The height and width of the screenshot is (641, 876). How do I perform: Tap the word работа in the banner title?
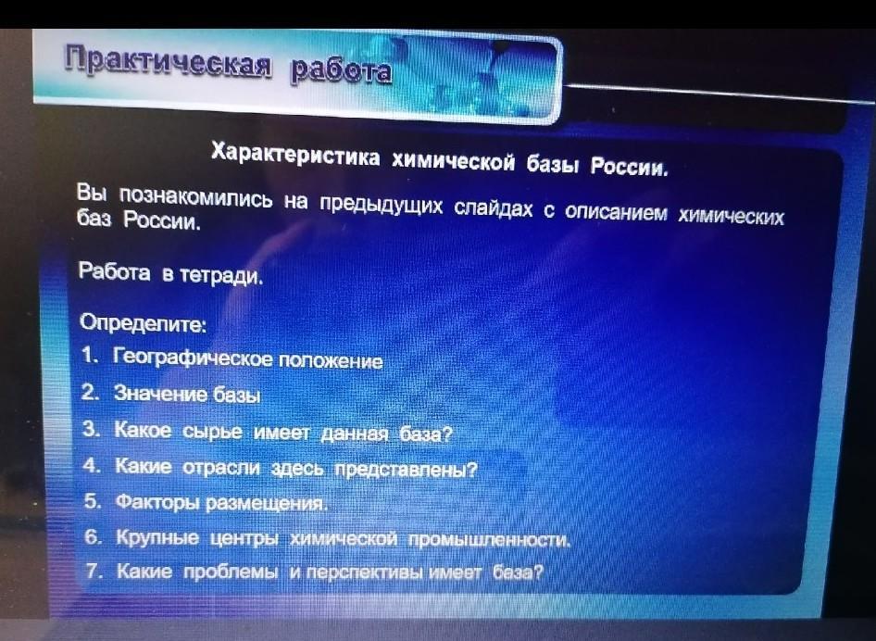point(341,70)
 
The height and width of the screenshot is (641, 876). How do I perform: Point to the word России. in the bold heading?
point(629,166)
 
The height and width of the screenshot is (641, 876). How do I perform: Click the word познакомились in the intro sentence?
point(196,196)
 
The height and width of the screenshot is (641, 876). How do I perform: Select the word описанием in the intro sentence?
point(615,212)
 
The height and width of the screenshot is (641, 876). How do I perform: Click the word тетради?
point(221,275)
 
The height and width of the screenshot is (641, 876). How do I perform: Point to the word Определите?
point(143,323)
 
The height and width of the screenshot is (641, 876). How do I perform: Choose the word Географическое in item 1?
point(194,358)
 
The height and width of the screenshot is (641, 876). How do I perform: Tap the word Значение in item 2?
point(161,394)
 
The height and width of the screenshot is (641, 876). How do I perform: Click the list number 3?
point(91,429)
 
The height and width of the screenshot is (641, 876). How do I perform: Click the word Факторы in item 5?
point(158,502)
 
